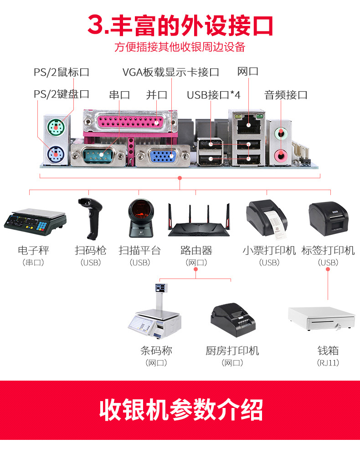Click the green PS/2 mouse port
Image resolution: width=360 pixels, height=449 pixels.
click(x=55, y=126)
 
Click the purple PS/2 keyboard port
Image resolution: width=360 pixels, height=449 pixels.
click(x=56, y=155)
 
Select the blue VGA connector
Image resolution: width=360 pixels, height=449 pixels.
click(x=162, y=156)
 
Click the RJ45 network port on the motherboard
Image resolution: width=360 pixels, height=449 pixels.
click(x=248, y=125)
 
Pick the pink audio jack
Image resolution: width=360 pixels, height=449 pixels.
click(x=281, y=155)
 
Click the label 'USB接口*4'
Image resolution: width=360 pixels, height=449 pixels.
click(x=213, y=95)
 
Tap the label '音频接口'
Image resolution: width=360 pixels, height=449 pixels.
click(x=286, y=95)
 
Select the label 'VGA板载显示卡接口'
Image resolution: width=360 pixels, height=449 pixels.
click(x=170, y=72)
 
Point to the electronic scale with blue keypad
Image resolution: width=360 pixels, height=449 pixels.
click(x=35, y=222)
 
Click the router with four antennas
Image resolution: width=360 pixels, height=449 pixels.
click(x=199, y=220)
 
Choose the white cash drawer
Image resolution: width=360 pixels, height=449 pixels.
click(x=322, y=319)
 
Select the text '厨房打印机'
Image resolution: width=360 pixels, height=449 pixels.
click(x=232, y=351)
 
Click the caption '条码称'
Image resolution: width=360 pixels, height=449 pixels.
click(x=156, y=351)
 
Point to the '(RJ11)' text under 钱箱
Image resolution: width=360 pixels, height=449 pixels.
click(x=328, y=363)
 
